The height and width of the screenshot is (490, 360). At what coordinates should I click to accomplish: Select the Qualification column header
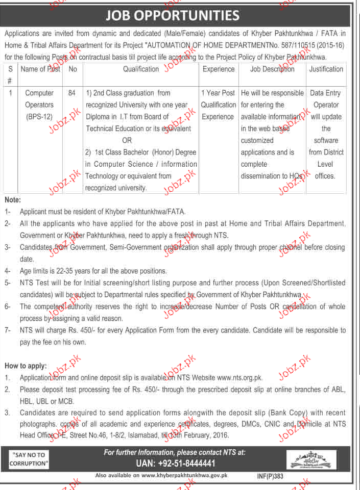(141, 69)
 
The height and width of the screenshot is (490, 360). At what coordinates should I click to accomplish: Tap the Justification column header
(326, 69)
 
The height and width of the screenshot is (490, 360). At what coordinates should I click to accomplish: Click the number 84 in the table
(71, 93)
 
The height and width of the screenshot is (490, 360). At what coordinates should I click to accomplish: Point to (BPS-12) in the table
(39, 117)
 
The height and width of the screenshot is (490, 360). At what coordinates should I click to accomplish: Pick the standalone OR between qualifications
(127, 140)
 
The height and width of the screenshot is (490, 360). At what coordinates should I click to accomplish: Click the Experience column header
(219, 69)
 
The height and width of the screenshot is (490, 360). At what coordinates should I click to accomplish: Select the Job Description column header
(272, 69)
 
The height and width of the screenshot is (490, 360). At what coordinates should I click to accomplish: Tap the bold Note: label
(13, 199)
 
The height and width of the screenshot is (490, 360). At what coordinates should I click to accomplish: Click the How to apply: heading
(26, 366)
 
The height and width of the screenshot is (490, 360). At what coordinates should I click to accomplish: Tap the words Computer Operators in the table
(39, 99)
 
